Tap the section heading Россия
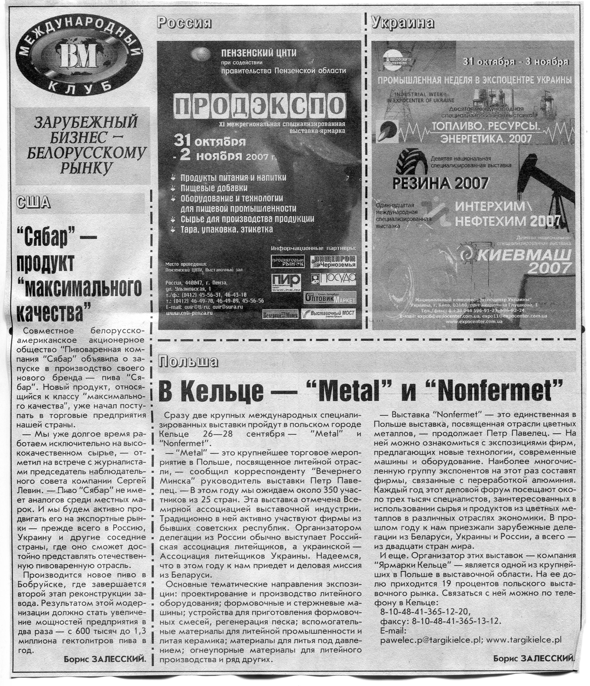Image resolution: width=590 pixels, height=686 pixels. [x=184, y=23]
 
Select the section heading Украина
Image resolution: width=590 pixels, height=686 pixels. [x=403, y=23]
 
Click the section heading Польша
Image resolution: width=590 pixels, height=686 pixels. [x=188, y=362]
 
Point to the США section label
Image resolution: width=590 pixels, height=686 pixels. [x=33, y=202]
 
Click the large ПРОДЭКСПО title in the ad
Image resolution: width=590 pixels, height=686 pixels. [x=259, y=106]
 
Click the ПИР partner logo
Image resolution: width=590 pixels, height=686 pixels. [x=286, y=282]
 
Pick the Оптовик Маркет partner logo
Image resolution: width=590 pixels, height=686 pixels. [x=329, y=298]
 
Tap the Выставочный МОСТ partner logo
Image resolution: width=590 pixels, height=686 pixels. [x=329, y=313]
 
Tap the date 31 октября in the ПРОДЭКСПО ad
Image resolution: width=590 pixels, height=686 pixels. [x=210, y=142]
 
